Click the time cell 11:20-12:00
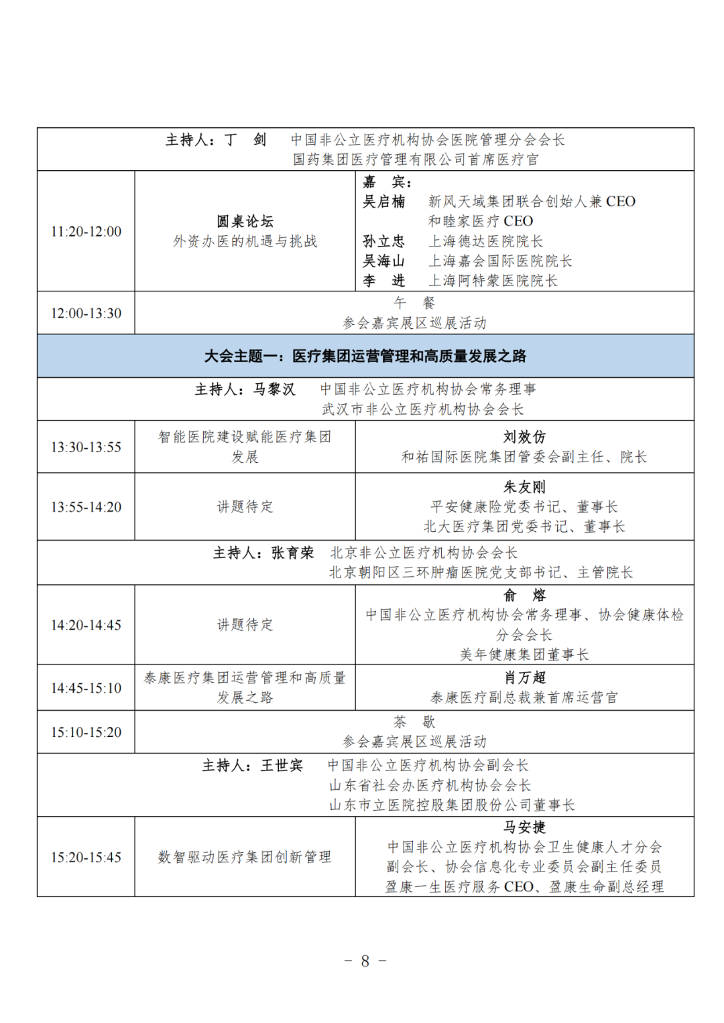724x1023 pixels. click(86, 232)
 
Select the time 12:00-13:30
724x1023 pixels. click(86, 314)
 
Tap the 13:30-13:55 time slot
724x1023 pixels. click(86, 448)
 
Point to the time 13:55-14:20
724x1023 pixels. click(86, 507)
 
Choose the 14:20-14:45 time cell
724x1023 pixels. click(86, 625)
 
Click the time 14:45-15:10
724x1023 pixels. click(86, 688)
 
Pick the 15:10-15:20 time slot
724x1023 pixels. click(86, 732)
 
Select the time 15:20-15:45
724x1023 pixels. click(86, 858)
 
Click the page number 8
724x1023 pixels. click(365, 961)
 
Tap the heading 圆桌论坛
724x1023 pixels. click(245, 222)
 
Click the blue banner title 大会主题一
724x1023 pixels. click(365, 356)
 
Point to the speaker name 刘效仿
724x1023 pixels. click(524, 437)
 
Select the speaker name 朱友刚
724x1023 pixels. click(524, 487)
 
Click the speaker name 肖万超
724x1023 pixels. click(524, 678)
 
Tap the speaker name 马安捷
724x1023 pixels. click(524, 827)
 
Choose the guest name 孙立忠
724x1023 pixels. click(384, 241)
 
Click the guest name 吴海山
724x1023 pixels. click(384, 261)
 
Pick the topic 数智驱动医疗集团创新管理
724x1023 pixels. click(245, 858)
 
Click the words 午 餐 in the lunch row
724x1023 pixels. click(414, 303)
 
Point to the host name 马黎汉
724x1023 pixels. click(274, 389)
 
